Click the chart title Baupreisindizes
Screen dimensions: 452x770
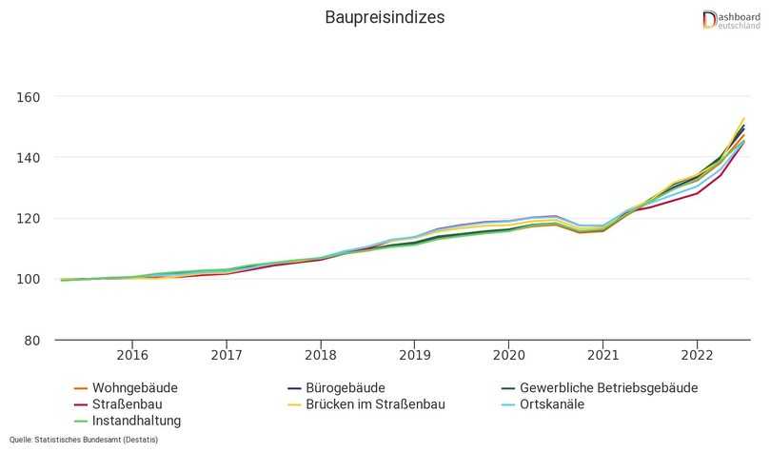coord(385,18)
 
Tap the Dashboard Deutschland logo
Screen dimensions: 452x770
coord(730,19)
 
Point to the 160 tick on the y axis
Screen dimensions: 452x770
coord(29,97)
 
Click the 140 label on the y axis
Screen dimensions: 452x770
coord(29,158)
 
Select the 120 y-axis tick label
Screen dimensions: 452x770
coord(29,219)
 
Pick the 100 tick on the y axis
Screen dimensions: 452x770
coord(29,280)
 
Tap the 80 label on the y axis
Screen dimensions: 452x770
coord(32,341)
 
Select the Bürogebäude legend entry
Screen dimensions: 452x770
coord(347,388)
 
